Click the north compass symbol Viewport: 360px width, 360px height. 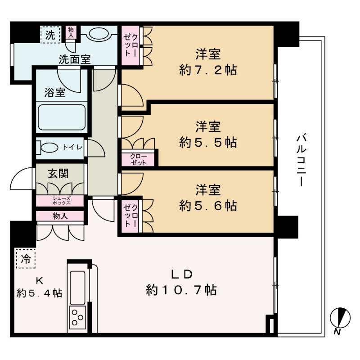tap(340, 318)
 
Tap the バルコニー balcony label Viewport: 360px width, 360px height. tap(301, 161)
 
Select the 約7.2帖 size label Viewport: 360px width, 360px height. tap(208, 70)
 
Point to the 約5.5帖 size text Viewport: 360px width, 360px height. tap(208, 143)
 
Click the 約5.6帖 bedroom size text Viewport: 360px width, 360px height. tap(208, 206)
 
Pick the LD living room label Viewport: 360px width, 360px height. tap(182, 274)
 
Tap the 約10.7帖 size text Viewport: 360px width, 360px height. tap(181, 290)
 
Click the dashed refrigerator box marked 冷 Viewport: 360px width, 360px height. tap(26, 258)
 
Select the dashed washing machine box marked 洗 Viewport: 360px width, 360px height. tap(51, 35)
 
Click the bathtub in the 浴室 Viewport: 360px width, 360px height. tap(62, 117)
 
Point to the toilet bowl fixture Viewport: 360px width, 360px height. tap(48, 148)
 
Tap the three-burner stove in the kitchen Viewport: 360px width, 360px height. tap(77, 318)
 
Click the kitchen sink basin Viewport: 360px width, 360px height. tap(77, 288)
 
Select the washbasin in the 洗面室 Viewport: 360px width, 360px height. tap(99, 34)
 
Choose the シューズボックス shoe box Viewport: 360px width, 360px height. tap(60, 201)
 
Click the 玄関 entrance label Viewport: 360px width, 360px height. tap(58, 174)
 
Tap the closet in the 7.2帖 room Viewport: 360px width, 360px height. tap(130, 45)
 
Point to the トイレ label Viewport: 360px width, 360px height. tap(72, 147)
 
